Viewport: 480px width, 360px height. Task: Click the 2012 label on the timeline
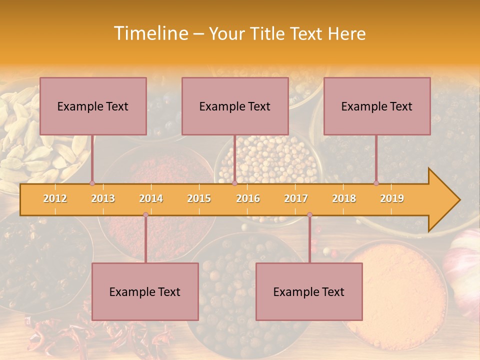pyautogui.click(x=55, y=198)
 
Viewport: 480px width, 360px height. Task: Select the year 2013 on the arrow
pyautogui.click(x=103, y=198)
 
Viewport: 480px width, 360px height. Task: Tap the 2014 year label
pyautogui.click(x=151, y=198)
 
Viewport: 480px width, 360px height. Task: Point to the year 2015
pyautogui.click(x=199, y=198)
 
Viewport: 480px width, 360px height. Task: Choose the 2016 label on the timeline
pyautogui.click(x=248, y=198)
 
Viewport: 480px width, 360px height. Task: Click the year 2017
pyautogui.click(x=296, y=198)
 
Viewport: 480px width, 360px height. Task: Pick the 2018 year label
pyautogui.click(x=344, y=198)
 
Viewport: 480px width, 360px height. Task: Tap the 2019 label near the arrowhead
pyautogui.click(x=392, y=198)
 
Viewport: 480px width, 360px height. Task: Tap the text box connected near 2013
pyautogui.click(x=93, y=106)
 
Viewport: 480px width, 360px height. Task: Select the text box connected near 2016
pyautogui.click(x=235, y=106)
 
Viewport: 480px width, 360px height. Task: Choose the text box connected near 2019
pyautogui.click(x=377, y=106)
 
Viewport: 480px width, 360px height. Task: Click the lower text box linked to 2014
pyautogui.click(x=145, y=291)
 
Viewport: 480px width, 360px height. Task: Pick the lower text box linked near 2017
pyautogui.click(x=309, y=291)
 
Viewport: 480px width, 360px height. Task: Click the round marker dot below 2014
pyautogui.click(x=145, y=214)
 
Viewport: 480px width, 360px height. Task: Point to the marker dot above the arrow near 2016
pyautogui.click(x=234, y=183)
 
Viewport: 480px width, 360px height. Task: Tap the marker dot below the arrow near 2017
pyautogui.click(x=309, y=214)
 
